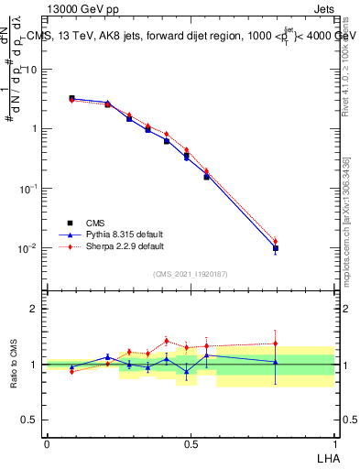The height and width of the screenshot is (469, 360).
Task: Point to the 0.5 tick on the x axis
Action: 191,443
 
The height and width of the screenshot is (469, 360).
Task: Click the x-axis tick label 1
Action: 334,443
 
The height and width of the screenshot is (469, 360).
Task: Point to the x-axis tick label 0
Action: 47,443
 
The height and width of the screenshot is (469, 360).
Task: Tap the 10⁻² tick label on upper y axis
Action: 29,248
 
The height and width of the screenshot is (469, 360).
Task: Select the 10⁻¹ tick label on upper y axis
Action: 29,189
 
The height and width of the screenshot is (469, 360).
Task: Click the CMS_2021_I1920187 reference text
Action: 191,274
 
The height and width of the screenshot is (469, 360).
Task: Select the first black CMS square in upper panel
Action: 71,98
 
